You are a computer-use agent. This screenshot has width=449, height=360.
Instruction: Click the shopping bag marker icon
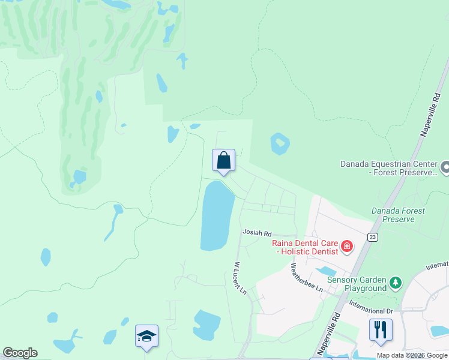[x=223, y=161]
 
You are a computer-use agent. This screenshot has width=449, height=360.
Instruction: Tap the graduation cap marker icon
[x=146, y=336]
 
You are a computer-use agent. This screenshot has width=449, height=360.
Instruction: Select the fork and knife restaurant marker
[x=381, y=330]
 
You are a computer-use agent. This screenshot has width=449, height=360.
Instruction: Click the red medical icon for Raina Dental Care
[x=346, y=246]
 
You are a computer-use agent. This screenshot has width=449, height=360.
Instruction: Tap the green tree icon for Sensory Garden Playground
[x=395, y=283]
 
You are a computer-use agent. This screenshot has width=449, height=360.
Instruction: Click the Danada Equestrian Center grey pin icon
[x=445, y=167]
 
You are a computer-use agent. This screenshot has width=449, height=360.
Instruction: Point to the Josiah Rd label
[x=257, y=233]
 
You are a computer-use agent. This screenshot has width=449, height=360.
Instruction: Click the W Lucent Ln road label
[x=240, y=278]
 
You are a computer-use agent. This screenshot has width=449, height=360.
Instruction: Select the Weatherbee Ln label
[x=307, y=277]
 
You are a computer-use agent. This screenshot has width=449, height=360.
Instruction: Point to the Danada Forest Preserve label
[x=398, y=215]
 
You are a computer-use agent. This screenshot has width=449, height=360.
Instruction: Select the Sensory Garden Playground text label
[x=357, y=284]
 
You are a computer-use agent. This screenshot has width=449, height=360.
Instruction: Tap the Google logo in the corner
[x=20, y=353]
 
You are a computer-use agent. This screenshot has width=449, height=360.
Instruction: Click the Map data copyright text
[x=412, y=355]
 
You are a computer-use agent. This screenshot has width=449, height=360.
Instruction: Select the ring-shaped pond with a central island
[x=280, y=144]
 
